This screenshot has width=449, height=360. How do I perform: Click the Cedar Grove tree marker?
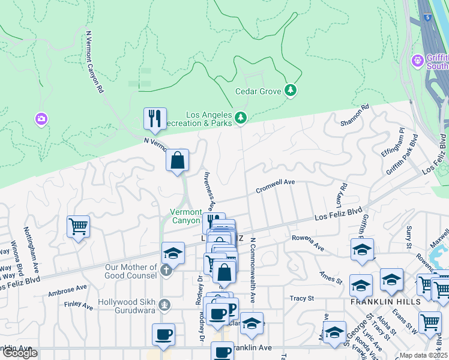click(291, 90)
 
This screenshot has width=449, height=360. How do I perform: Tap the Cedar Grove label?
click(258, 92)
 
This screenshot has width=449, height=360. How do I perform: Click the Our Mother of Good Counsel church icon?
click(167, 271)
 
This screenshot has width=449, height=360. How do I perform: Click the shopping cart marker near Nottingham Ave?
click(78, 227)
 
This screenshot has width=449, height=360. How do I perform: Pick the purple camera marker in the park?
click(41, 119)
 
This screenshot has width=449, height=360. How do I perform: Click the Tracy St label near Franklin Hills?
click(302, 298)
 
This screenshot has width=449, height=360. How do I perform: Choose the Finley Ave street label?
click(78, 305)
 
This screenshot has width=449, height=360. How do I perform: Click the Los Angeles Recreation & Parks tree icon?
click(241, 117)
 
